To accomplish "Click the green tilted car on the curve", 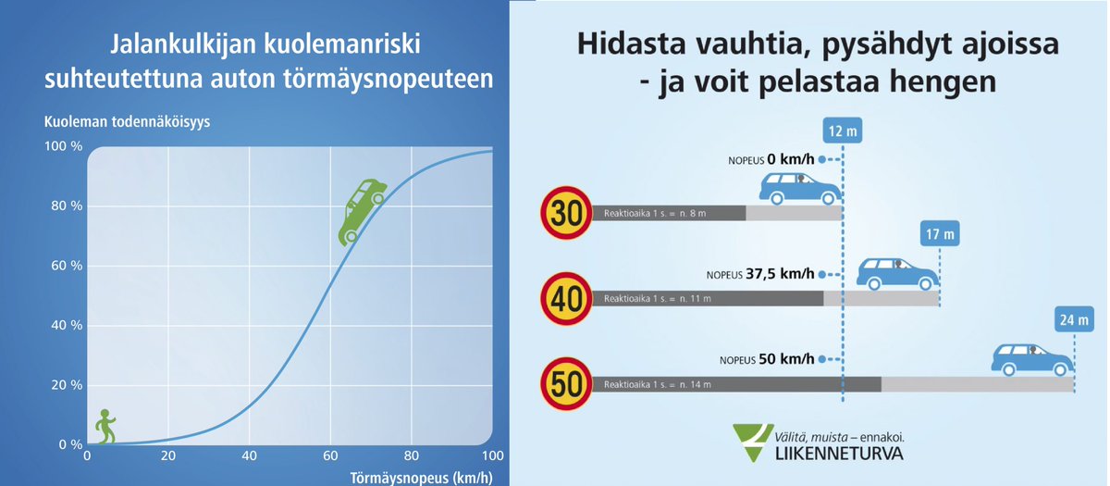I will coord(362,210).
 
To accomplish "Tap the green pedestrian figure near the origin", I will coord(106,428).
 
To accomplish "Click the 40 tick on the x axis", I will coord(250,455).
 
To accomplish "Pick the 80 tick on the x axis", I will coord(412,455).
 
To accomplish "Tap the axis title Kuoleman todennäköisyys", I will coord(128,122).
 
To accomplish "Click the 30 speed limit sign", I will coord(565,213).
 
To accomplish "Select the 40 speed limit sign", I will coord(565,298).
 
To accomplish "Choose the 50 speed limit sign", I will coord(565,383).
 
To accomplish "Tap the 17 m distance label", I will coord(940,233).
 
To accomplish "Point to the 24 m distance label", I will coord(1074,320).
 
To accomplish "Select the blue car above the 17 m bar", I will coord(897,273).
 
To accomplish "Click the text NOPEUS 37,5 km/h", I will coord(760,274).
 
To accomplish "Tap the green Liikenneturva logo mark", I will coord(751,440).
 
